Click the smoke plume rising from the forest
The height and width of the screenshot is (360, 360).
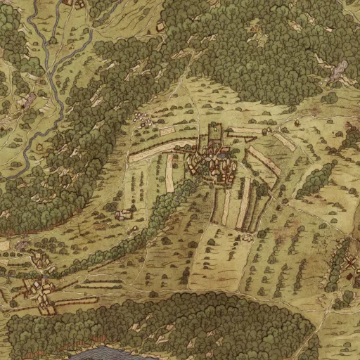point(340,70)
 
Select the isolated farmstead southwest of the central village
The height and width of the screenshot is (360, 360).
point(125,213)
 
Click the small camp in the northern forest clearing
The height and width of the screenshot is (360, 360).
point(162,27)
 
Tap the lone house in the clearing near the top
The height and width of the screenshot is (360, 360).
point(70,4)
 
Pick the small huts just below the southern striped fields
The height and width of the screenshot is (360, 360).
point(246,238)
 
